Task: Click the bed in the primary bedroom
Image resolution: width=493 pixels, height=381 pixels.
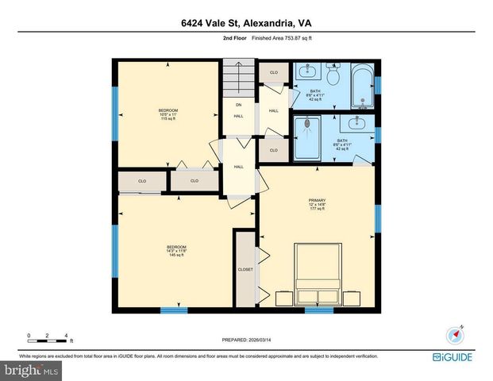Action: [x=319, y=274]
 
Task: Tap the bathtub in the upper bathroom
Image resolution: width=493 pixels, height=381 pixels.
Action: [x=361, y=87]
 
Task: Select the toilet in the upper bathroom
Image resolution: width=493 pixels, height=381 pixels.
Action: [x=333, y=76]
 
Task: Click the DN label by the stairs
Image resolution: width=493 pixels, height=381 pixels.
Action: [x=237, y=104]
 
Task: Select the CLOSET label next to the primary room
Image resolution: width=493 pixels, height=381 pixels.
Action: [x=245, y=269]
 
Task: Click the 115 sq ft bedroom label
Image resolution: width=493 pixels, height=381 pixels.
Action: [x=168, y=114]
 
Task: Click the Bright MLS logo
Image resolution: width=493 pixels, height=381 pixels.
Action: [x=30, y=369]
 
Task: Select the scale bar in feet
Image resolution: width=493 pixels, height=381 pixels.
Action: [x=48, y=339]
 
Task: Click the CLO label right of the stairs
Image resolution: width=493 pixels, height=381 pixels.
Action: [x=273, y=72]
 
